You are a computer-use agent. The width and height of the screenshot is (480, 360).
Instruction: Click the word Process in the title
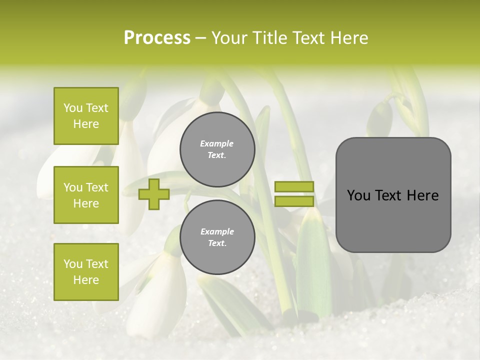pos(157,38)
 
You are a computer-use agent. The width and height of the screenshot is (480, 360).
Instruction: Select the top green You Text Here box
pos(86,116)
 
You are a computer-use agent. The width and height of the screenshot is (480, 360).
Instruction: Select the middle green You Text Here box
pos(86,195)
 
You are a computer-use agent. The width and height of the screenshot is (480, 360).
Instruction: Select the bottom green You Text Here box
pos(86,272)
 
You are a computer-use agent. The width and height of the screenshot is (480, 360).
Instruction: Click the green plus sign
pos(153,194)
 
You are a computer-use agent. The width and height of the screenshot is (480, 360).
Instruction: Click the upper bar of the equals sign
pos(294,187)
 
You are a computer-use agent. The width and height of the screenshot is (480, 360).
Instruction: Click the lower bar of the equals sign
pos(294,201)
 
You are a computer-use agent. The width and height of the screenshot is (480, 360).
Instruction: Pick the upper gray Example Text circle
pos(217,149)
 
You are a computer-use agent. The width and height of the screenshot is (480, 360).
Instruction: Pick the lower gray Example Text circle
pos(217,237)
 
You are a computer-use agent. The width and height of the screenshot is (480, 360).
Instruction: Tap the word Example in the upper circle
pos(216,143)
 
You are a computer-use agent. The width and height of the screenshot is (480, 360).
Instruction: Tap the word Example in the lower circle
pos(217,231)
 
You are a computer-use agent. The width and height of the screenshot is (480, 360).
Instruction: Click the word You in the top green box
pos(73,108)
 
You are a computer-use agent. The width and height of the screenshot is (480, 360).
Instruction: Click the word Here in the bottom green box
pos(86,280)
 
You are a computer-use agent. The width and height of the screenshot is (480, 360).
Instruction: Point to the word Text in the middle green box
pos(96,187)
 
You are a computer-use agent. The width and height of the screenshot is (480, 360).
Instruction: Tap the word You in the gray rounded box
pos(358,195)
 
